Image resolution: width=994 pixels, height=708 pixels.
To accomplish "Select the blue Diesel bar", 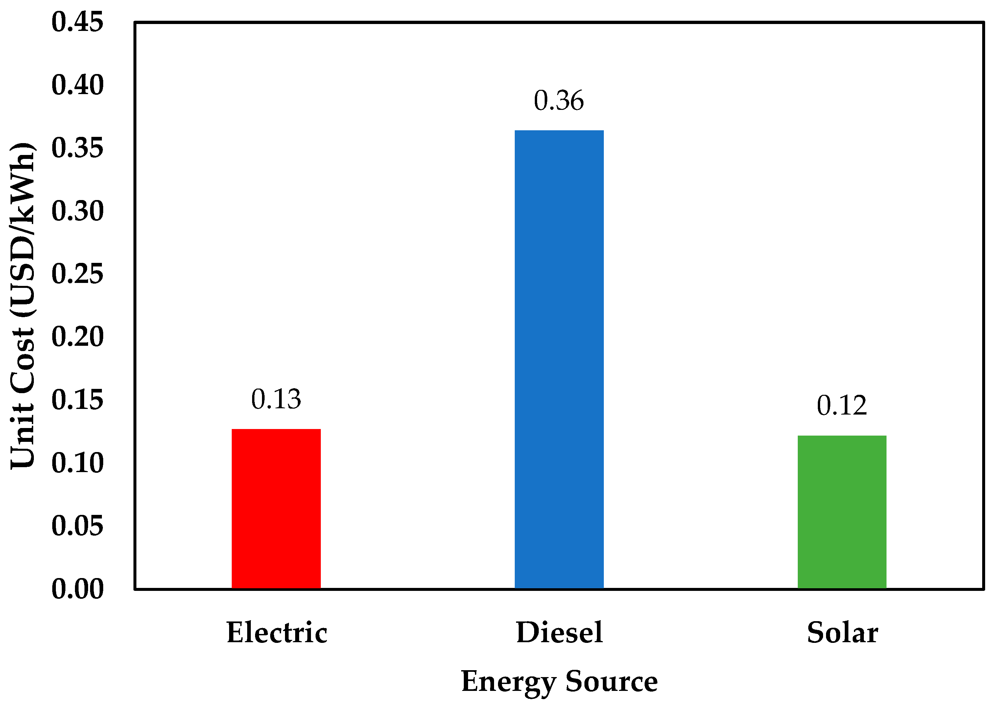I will tap(559, 359).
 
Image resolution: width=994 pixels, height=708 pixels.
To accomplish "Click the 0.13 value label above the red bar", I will tap(276, 399).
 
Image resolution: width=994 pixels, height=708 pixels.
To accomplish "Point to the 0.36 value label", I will tap(559, 101).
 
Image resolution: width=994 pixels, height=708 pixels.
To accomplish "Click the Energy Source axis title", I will tap(559, 681).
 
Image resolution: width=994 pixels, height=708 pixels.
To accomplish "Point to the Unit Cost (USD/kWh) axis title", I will tap(23, 305).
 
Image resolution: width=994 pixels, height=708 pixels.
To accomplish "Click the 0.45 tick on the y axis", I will tap(78, 22).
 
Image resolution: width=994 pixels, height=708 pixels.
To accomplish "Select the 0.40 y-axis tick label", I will tap(78, 85).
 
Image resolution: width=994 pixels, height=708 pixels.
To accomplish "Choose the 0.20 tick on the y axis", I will tap(78, 337).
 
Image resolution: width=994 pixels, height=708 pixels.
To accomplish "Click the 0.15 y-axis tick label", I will tap(78, 400).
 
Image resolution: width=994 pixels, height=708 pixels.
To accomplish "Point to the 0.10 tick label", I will tap(78, 463).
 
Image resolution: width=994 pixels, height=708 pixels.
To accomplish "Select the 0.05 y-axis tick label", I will tap(78, 526).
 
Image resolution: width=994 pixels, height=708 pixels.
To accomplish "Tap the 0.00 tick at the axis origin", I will tap(78, 589).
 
